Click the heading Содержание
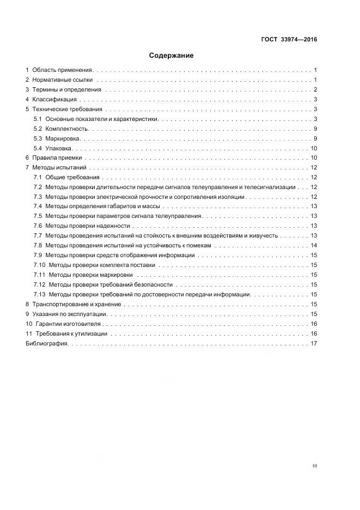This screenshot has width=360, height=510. tap(171, 55)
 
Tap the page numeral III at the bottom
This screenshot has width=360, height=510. tap(315, 466)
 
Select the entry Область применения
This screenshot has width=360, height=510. tap(63, 70)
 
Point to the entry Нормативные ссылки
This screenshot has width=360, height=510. tap(62, 80)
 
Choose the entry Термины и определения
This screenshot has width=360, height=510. tap(66, 90)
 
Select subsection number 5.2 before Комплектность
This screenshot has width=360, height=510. tap(38, 129)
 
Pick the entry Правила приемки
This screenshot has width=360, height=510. tap(57, 158)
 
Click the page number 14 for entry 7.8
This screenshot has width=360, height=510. tap(314, 246)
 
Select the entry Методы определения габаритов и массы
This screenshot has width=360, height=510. tap(103, 207)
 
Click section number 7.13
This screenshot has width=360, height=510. tap(39, 295)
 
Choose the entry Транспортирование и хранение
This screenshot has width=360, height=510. tap(76, 305)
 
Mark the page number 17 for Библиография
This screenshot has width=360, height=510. tap(314, 344)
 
